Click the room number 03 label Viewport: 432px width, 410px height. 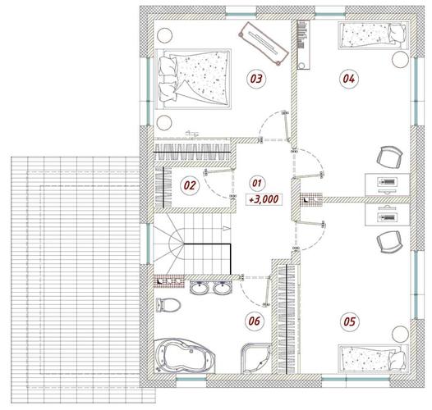(256, 79)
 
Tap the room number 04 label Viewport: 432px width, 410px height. (348, 79)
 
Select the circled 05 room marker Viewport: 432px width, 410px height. (349, 321)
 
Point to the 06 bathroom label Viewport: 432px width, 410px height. (254, 321)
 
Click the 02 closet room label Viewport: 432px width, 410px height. (190, 185)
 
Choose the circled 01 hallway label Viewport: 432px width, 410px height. (257, 183)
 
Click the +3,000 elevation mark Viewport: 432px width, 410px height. (264, 199)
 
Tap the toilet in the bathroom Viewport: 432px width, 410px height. (168, 305)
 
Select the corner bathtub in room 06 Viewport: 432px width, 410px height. (184, 356)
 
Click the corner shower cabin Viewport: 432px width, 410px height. (255, 358)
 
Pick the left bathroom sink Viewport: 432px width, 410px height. (200, 288)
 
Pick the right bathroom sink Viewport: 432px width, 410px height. (223, 288)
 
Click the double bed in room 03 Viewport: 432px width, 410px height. (193, 79)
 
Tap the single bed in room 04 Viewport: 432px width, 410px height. (374, 36)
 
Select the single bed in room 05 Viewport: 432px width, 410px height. (374, 358)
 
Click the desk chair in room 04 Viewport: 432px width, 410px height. (389, 157)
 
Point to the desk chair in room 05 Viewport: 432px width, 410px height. (389, 242)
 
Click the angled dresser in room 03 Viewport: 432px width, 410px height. (264, 43)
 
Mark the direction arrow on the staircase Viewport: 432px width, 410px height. (226, 228)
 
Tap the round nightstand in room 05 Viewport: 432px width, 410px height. (400, 334)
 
